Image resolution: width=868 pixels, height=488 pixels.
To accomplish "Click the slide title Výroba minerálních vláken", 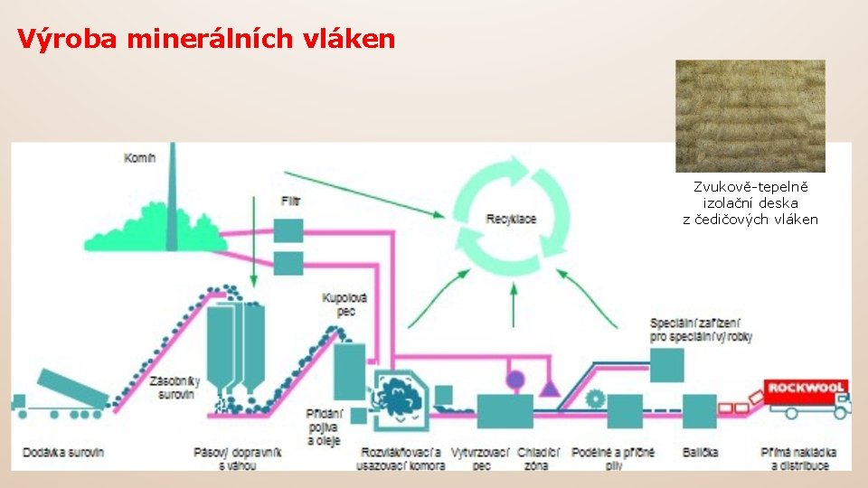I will [206, 39].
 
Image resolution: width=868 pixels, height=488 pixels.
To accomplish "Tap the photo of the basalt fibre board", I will [750, 116].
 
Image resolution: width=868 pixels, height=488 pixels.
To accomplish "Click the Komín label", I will [140, 158].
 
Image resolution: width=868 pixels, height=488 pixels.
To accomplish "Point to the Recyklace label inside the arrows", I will [511, 220].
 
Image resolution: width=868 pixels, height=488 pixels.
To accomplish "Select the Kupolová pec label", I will [344, 304].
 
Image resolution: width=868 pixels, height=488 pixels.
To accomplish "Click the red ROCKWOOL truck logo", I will [806, 388].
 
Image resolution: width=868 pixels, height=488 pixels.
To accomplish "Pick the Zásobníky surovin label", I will [175, 387].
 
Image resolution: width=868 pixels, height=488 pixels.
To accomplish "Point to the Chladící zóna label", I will [539, 458].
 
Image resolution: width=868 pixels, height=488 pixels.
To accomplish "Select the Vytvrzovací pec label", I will [482, 458].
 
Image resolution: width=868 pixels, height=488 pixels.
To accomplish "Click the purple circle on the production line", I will [515, 380].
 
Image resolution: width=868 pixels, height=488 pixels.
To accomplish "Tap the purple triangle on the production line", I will [548, 388].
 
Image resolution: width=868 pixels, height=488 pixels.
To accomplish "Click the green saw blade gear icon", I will [595, 397].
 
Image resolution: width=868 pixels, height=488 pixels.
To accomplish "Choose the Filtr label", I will [289, 201].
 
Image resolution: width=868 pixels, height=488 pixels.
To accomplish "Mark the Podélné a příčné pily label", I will [619, 458].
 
